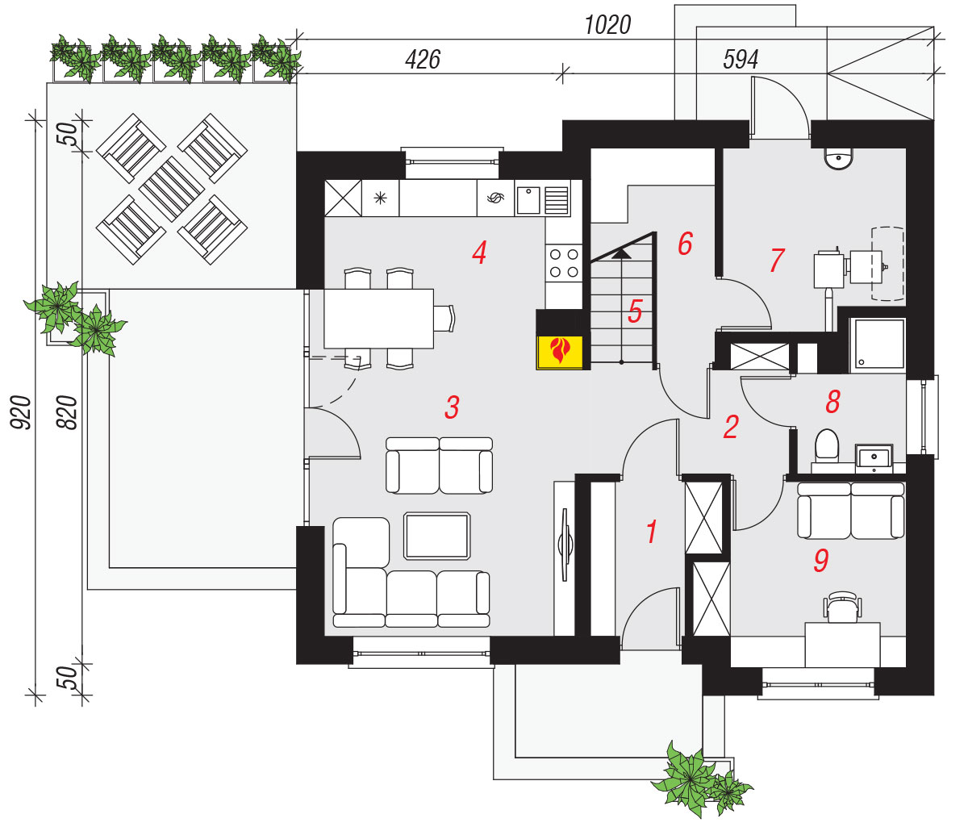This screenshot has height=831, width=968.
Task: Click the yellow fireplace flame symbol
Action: click(560, 351)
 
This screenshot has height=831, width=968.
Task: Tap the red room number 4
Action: click(479, 253)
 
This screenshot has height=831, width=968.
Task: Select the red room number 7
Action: click(777, 260)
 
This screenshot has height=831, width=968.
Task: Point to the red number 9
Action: click(821, 560)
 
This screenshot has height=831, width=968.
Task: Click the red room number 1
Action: click(652, 532)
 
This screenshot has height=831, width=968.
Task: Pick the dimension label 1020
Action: click(607, 25)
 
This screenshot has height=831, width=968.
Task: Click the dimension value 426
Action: click(423, 60)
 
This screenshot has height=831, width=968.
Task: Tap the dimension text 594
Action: click(741, 60)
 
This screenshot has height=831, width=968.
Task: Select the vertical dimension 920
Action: click(21, 412)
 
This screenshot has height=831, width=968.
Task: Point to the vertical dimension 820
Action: click(67, 412)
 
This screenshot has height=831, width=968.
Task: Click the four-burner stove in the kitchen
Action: click(564, 263)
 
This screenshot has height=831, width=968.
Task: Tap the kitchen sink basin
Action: click(528, 201)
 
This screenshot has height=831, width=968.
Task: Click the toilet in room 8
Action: click(826, 445)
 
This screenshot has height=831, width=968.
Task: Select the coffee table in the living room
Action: click(437, 536)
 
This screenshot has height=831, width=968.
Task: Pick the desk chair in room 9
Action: click(842, 607)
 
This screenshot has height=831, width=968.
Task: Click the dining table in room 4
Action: click(378, 319)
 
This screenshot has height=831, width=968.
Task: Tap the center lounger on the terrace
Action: click(172, 189)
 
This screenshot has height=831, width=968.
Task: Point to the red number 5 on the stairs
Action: click(635, 311)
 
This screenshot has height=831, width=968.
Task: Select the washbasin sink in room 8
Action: click(874, 457)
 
